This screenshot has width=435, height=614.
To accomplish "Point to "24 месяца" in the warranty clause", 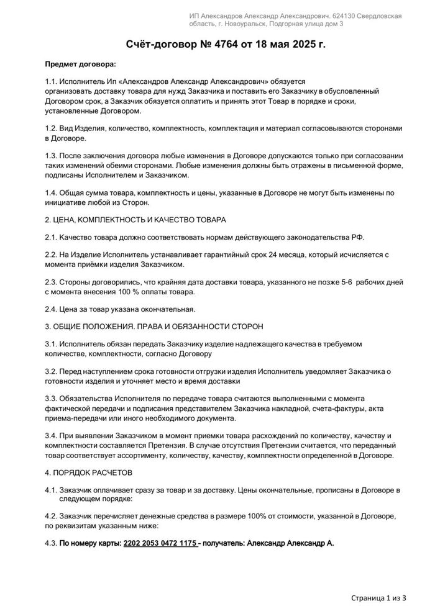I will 275,255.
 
